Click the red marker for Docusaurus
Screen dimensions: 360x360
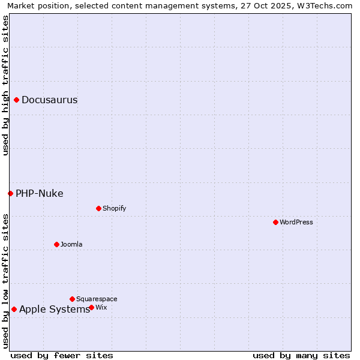(17, 100)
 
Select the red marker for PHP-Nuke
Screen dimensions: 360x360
(10, 193)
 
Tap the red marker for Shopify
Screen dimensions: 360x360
(98, 208)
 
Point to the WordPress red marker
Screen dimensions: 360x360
(275, 222)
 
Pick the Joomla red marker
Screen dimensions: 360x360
(56, 244)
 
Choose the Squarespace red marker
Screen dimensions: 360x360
(72, 299)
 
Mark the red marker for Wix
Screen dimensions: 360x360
(91, 307)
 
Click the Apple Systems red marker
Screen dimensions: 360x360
(14, 310)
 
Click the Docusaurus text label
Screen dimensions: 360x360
(49, 100)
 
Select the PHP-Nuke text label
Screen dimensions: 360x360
(39, 193)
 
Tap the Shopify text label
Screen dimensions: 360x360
(114, 208)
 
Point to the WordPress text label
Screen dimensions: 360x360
(296, 222)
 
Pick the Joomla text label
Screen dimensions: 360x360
(71, 244)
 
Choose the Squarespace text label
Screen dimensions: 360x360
(97, 299)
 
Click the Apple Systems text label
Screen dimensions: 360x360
(54, 310)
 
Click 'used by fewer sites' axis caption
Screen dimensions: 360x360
(62, 355)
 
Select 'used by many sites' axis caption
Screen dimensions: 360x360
(301, 355)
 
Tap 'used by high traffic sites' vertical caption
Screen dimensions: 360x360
(5, 85)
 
